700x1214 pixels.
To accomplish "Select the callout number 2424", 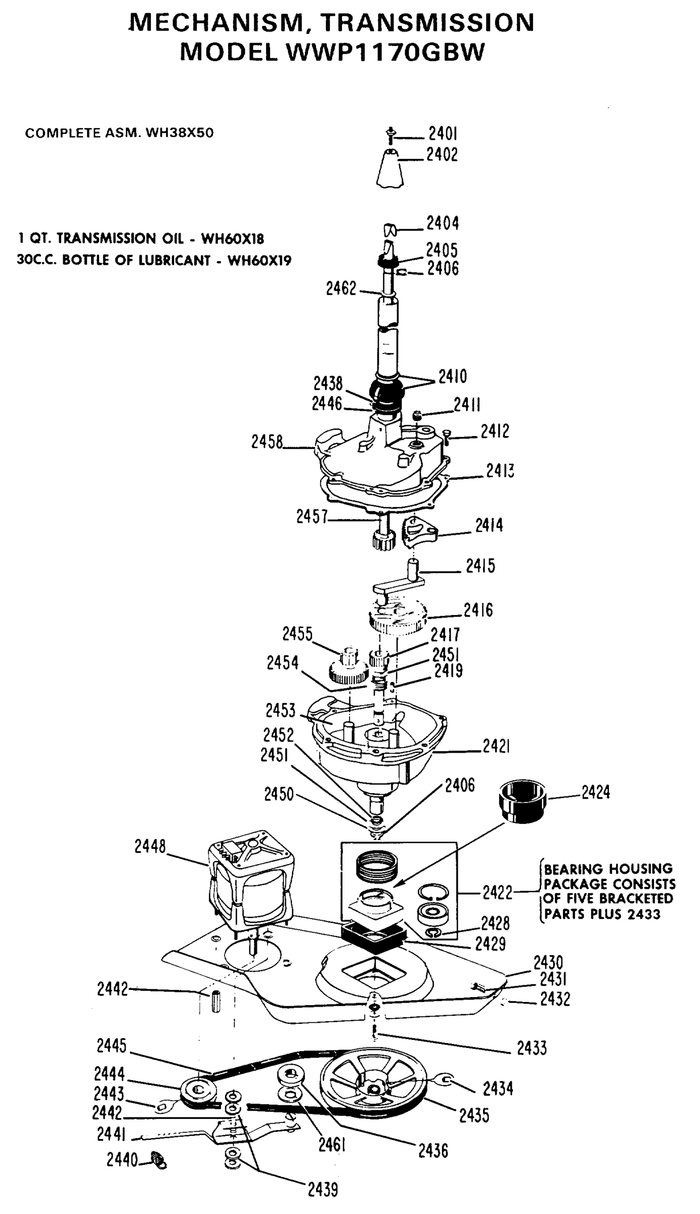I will (x=595, y=792).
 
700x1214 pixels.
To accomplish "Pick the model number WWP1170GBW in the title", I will (x=385, y=52).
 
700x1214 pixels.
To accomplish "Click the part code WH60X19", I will (x=259, y=261).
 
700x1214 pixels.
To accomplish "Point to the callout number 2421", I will (x=496, y=746).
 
